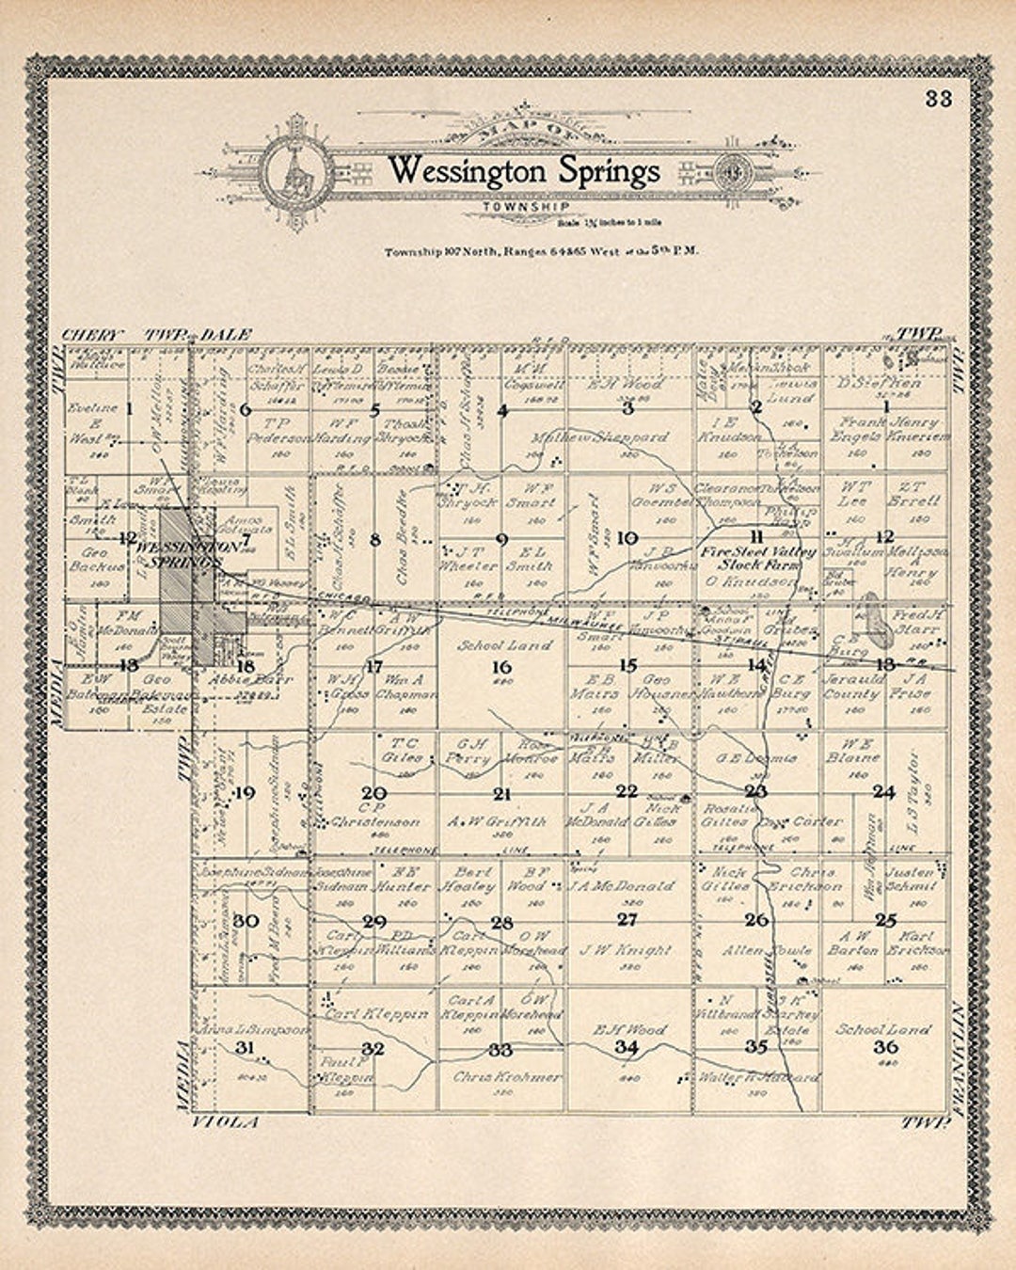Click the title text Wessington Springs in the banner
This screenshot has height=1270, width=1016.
[524, 171]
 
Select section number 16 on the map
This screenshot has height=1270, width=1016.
[502, 666]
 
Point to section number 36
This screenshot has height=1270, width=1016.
[884, 1047]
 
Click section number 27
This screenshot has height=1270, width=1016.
[627, 919]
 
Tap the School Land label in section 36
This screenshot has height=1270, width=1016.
[883, 1029]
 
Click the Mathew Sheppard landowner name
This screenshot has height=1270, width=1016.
[600, 437]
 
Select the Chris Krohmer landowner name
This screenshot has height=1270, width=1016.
[507, 1076]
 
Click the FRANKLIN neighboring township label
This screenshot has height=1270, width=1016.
[959, 1058]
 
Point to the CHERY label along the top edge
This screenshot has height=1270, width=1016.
[92, 335]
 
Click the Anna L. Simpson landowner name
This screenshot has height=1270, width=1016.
[252, 1030]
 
